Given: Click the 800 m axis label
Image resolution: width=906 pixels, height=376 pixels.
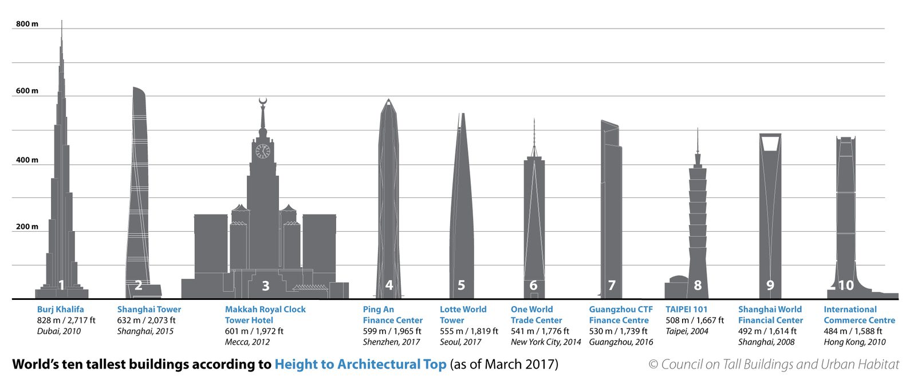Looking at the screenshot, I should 27,24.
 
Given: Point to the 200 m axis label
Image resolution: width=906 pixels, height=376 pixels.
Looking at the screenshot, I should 27,227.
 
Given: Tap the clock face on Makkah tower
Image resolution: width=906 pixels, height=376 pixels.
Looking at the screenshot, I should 263,151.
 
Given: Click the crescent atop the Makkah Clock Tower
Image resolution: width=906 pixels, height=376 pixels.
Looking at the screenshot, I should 263,102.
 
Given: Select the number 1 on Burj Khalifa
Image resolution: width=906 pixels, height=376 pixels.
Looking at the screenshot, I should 62,285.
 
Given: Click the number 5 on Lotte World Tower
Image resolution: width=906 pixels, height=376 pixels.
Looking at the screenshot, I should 462,285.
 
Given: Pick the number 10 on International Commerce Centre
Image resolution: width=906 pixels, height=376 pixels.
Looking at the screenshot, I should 846,285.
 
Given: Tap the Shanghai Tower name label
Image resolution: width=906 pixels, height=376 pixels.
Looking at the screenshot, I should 149,310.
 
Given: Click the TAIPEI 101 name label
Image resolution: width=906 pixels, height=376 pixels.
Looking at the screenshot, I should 686,310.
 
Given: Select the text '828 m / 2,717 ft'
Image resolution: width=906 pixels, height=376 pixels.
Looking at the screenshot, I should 66,320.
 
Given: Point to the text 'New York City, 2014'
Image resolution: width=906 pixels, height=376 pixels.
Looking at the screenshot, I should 546,342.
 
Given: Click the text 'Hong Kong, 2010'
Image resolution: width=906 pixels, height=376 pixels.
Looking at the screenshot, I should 854,342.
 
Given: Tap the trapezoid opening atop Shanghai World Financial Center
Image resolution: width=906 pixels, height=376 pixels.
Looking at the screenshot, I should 770,143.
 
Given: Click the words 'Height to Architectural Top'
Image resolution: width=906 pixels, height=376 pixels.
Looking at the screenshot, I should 360,365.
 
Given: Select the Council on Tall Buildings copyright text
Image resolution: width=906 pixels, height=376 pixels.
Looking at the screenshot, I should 774,365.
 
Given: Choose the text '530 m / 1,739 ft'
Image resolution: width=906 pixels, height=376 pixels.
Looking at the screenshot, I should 619,331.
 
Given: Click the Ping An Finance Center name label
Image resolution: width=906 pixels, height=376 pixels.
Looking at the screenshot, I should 392,315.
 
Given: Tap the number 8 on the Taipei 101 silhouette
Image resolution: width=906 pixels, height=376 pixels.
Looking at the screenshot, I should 698,285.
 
